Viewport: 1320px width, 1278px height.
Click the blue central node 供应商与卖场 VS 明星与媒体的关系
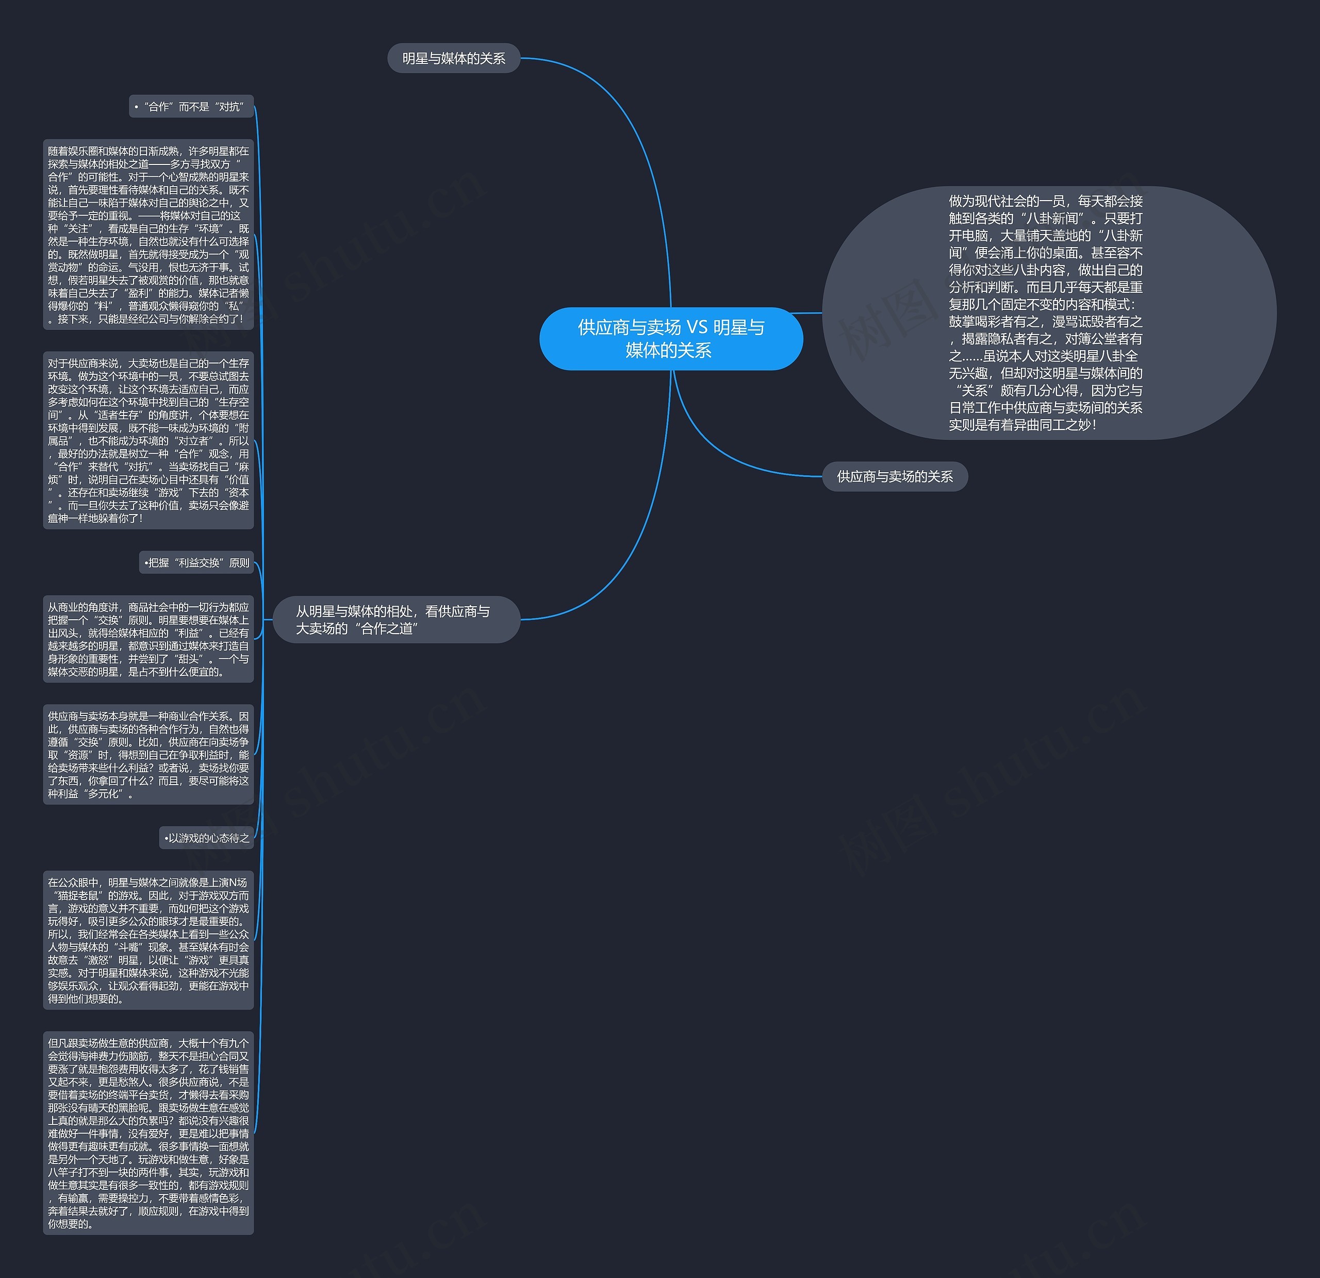(671, 339)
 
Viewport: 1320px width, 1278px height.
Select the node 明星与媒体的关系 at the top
(453, 59)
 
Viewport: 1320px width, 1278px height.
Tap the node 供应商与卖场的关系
(895, 477)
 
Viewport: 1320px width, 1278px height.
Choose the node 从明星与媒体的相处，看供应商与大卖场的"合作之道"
(396, 620)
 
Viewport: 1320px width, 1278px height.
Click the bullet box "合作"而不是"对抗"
(191, 106)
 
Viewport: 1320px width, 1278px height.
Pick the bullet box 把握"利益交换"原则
(196, 563)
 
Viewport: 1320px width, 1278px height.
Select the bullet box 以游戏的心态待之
(207, 838)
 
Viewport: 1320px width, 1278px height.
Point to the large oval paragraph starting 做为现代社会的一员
(1048, 312)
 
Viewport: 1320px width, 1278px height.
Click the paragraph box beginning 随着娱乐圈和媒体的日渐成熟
(148, 235)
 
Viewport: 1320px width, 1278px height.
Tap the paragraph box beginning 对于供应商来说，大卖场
(148, 440)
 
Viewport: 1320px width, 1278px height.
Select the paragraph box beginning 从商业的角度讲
(148, 639)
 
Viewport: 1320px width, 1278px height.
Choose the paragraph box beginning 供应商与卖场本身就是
(148, 755)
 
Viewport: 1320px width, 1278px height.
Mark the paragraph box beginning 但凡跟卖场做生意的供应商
(148, 1133)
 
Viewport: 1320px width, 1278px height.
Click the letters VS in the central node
(697, 328)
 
